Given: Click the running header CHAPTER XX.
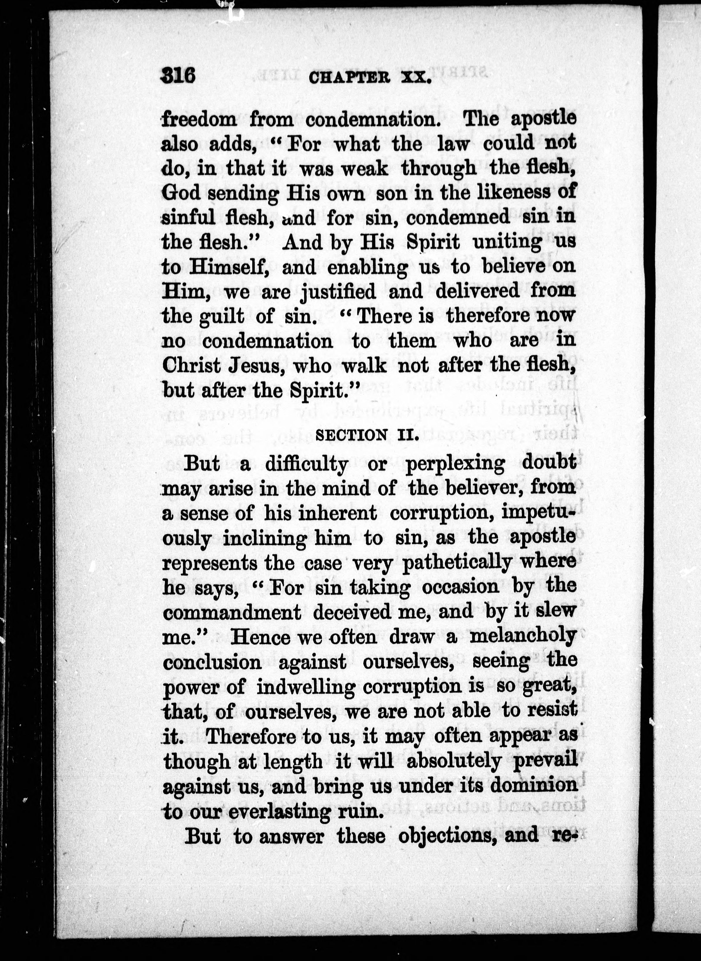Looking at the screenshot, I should pyautogui.click(x=370, y=79).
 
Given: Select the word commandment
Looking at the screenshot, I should pyautogui.click(x=232, y=612).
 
